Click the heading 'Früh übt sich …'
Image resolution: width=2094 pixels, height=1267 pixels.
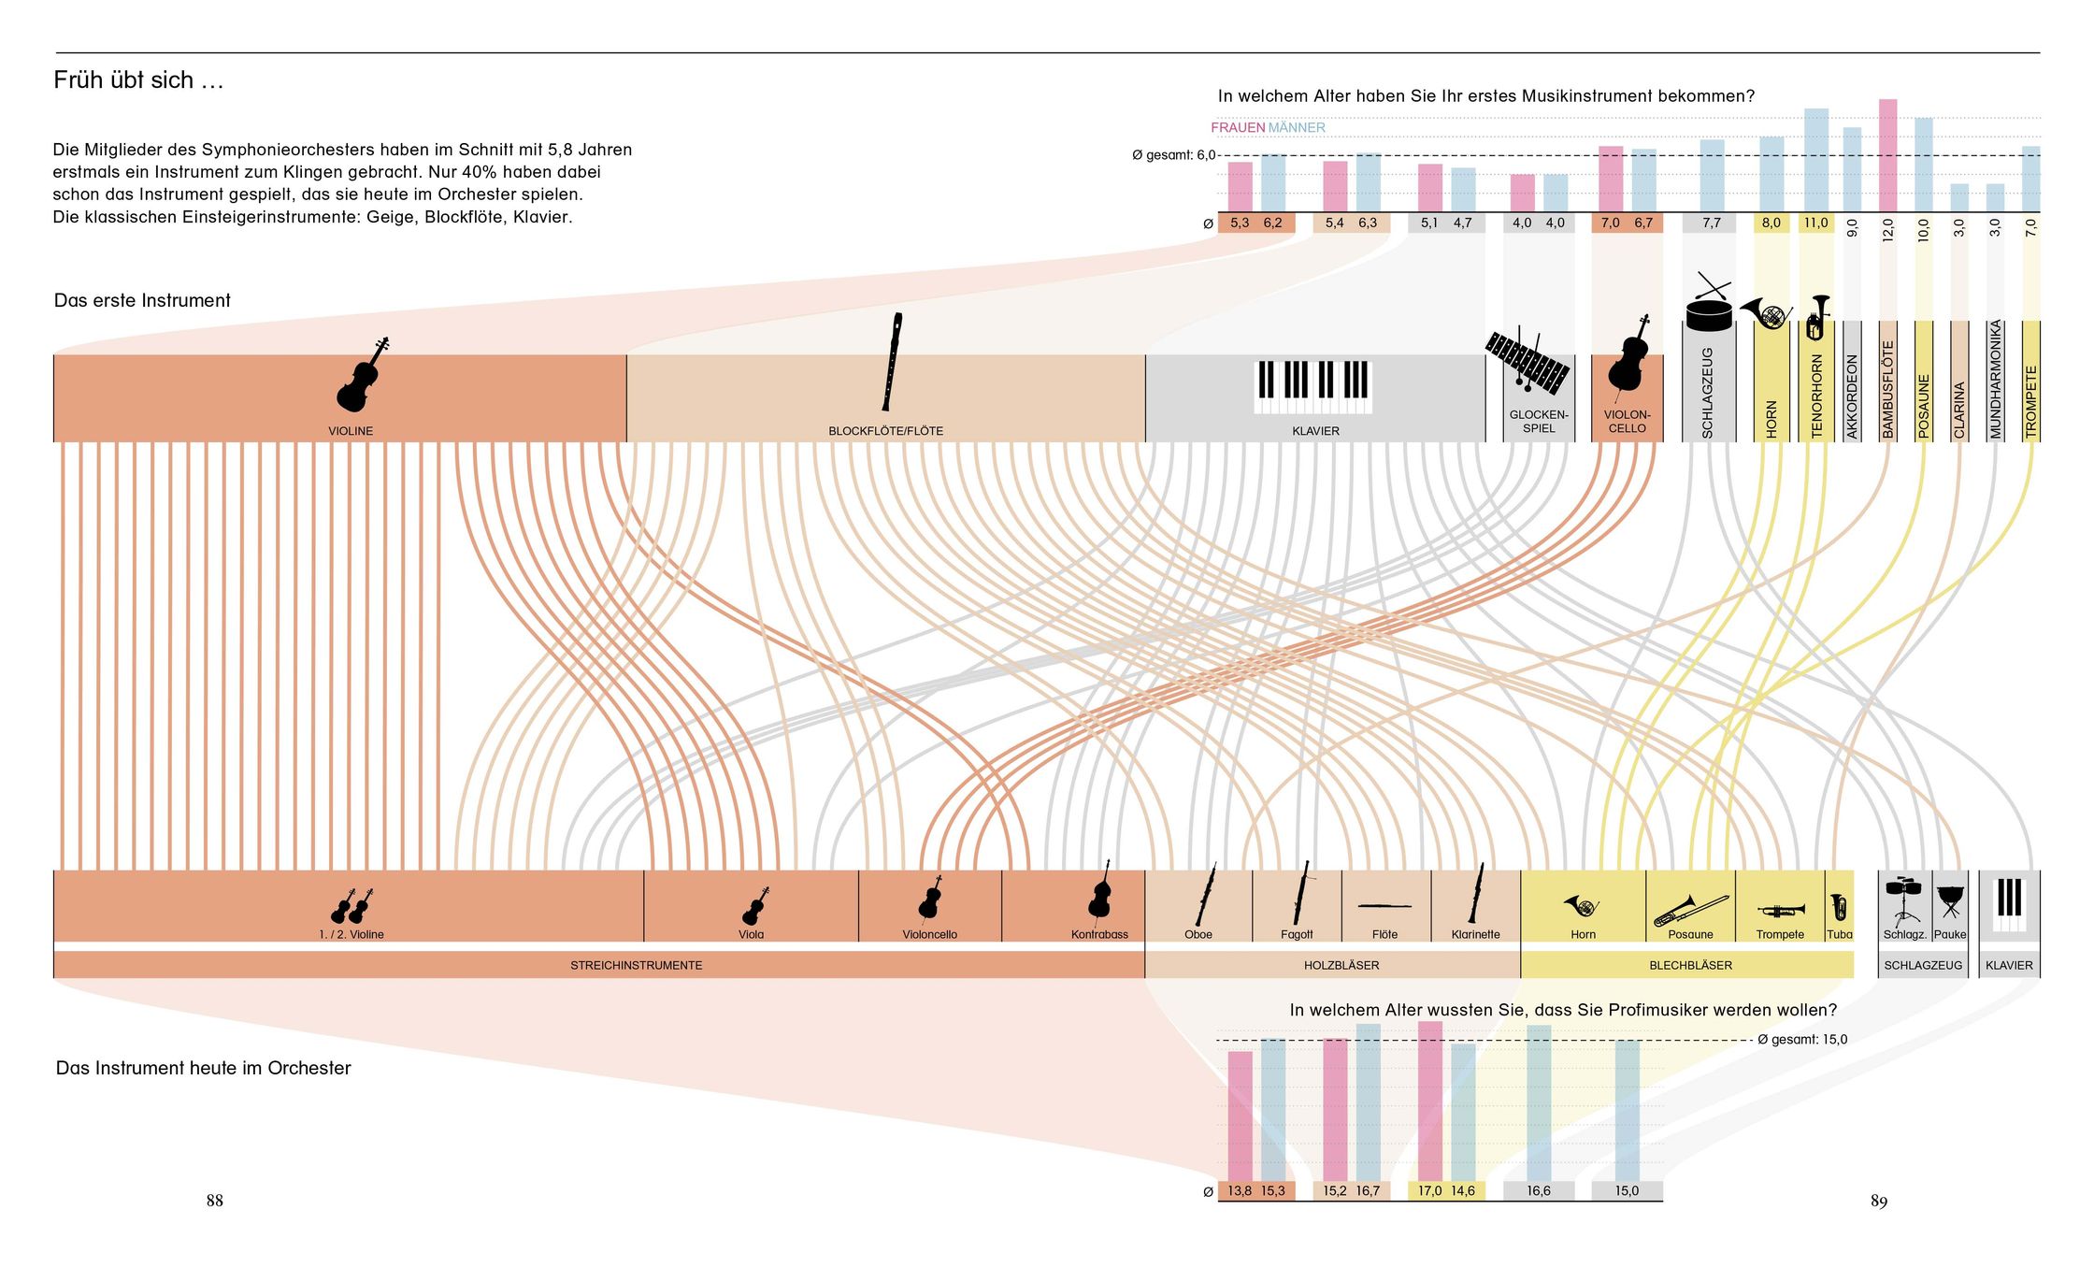[138, 80]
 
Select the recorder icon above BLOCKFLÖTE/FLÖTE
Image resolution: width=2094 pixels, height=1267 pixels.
[891, 363]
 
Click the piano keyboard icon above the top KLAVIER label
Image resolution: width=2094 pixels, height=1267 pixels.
[1312, 386]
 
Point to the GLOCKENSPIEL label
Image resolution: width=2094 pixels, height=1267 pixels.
[1538, 422]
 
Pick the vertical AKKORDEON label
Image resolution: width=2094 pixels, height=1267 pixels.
[1852, 396]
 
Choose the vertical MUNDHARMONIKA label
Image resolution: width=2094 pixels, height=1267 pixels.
[1995, 380]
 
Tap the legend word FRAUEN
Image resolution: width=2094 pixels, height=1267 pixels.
[1237, 128]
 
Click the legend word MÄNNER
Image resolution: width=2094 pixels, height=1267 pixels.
[1297, 128]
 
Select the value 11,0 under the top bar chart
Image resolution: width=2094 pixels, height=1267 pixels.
[1815, 223]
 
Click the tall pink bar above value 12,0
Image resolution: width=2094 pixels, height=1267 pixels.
[1887, 154]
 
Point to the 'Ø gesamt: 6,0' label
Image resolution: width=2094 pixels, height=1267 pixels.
[1173, 155]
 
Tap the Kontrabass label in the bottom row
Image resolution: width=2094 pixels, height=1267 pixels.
[1099, 934]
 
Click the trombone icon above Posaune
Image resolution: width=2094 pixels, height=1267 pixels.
[1690, 909]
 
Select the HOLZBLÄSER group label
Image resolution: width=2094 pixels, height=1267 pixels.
[1341, 965]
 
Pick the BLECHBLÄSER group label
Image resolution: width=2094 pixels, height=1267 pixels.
[1690, 965]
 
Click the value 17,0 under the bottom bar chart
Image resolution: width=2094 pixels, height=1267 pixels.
[1429, 1191]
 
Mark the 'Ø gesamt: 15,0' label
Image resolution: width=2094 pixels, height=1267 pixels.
[1801, 1040]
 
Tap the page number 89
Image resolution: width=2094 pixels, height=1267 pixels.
[1878, 1202]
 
